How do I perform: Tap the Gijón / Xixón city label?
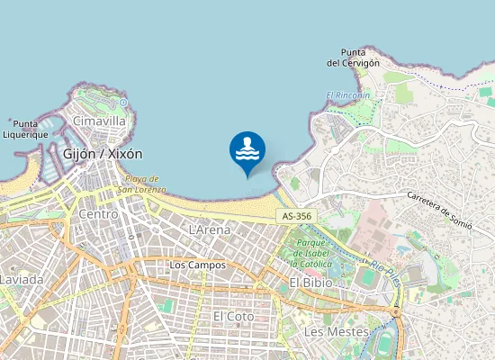(103, 154)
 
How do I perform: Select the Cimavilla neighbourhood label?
(99, 121)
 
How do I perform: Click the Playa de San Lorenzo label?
(145, 184)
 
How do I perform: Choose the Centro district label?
(98, 214)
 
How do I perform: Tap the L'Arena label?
(210, 230)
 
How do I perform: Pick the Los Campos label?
(197, 265)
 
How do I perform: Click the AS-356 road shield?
(296, 217)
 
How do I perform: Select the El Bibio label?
(310, 283)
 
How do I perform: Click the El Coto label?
(234, 317)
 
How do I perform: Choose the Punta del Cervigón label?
(353, 58)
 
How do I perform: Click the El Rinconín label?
(347, 95)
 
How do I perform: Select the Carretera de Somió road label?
(439, 210)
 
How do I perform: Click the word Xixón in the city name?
(123, 154)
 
